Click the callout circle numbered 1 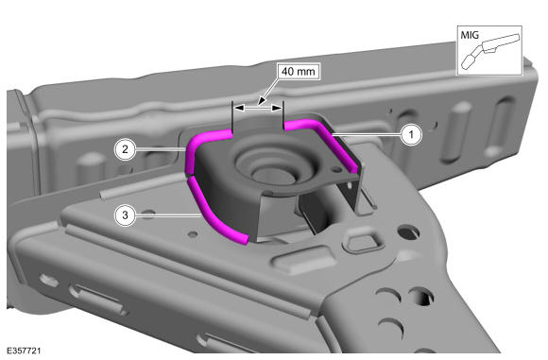[411, 134]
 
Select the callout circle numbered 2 [125, 149]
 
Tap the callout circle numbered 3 [125, 214]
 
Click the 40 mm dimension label [299, 72]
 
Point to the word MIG [470, 35]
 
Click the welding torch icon [490, 51]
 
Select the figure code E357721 [25, 351]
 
